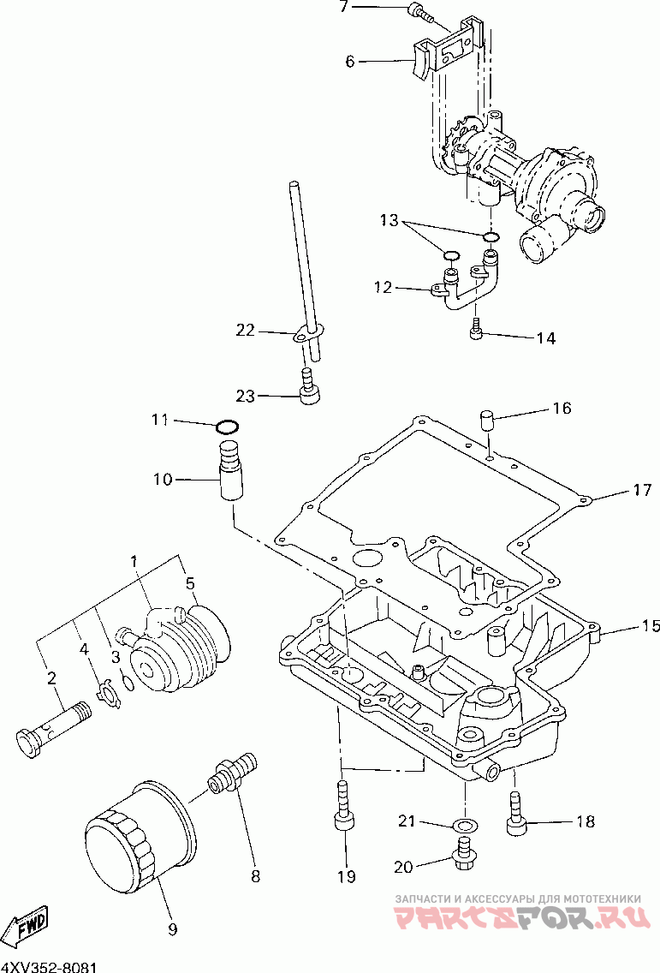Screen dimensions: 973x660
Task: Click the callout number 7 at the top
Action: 344,8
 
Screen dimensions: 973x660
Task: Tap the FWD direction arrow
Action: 27,927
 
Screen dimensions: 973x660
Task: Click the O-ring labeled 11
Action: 227,427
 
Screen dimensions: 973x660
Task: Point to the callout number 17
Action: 642,491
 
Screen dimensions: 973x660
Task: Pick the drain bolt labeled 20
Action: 465,850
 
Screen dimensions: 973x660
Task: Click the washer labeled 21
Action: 464,825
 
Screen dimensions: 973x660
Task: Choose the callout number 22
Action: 246,330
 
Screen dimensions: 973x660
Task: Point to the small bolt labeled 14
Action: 478,328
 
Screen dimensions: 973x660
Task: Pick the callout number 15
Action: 651,625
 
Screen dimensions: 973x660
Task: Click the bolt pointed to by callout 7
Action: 420,11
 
